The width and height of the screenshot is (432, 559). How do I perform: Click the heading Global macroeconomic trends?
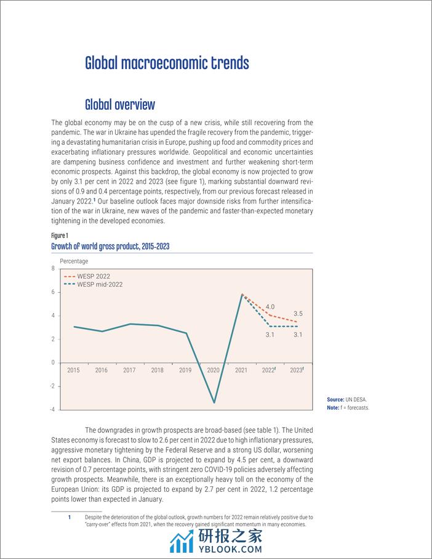(167, 63)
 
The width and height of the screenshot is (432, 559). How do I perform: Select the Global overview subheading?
(120, 104)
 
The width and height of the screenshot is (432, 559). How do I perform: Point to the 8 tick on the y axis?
(53, 269)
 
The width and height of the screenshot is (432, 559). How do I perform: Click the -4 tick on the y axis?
(52, 409)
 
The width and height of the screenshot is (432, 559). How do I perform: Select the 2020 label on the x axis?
(214, 370)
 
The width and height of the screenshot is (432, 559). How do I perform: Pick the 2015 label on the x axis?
(74, 370)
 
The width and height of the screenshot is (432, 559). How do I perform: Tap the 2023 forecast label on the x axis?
(297, 370)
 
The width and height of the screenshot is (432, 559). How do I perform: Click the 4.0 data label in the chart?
(270, 306)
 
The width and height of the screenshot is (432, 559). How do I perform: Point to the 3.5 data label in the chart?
(297, 314)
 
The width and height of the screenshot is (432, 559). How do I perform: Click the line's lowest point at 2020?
(214, 403)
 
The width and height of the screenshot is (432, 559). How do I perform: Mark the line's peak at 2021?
(242, 295)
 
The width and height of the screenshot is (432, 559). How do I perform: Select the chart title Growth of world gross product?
(110, 247)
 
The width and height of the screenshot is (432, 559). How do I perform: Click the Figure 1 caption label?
(60, 235)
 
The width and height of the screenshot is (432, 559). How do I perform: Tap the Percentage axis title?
(74, 261)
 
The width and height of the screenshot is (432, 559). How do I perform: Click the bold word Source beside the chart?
(336, 400)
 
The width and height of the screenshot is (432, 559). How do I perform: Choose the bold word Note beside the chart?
(333, 408)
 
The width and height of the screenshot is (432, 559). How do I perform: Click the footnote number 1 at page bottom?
(70, 517)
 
